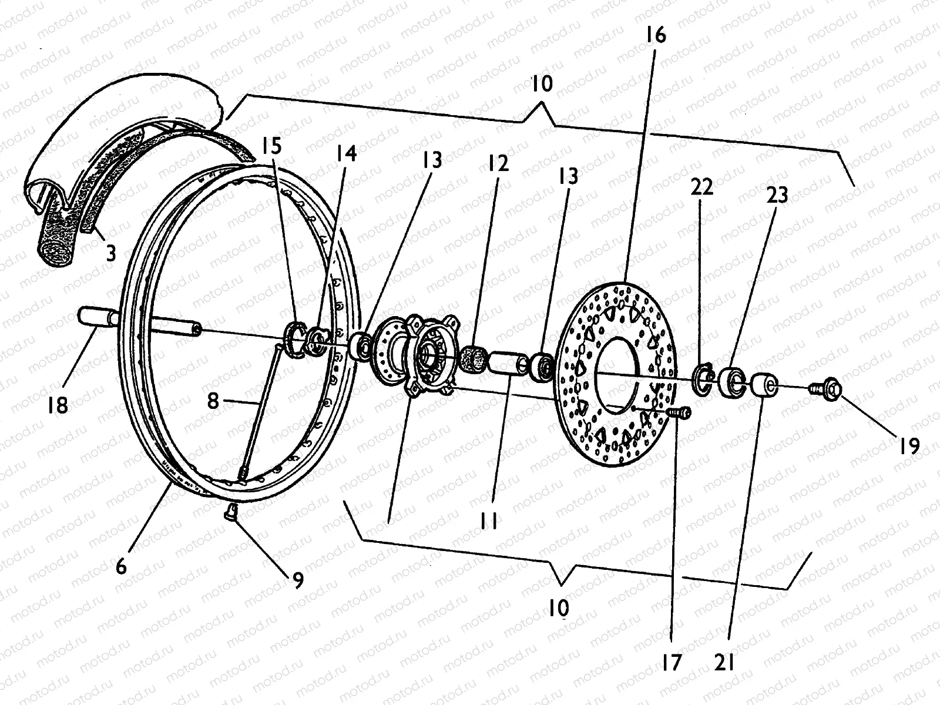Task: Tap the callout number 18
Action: [59, 405]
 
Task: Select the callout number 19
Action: [909, 446]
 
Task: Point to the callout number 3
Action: [110, 254]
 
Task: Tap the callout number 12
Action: [497, 163]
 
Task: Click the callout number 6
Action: [122, 566]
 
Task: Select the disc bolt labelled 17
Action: [681, 412]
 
